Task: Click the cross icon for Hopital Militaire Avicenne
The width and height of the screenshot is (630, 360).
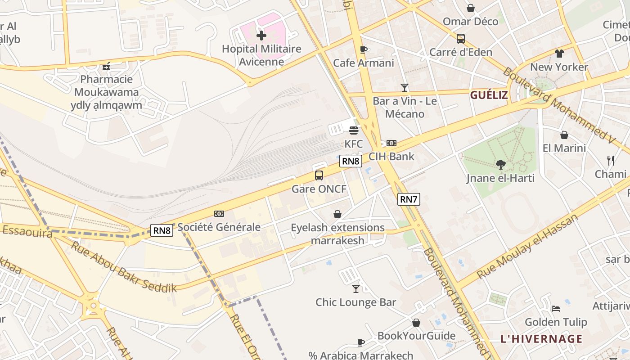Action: [x=261, y=35]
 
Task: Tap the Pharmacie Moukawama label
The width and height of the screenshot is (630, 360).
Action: [x=107, y=85]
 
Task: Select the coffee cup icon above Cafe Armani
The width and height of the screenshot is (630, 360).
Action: [x=364, y=49]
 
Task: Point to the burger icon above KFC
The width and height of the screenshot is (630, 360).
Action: [x=354, y=130]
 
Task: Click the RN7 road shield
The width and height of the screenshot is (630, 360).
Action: [x=409, y=199]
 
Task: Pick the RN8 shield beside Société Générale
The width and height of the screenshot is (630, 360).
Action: [x=162, y=230]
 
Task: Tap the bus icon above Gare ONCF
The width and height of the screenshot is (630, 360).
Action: [x=319, y=175]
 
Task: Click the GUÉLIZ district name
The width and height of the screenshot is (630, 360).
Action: [x=489, y=95]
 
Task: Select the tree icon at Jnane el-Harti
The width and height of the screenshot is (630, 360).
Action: [x=500, y=165]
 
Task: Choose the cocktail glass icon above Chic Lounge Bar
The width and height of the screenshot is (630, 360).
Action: [x=356, y=288]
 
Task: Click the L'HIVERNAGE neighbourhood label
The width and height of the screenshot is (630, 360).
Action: [x=541, y=339]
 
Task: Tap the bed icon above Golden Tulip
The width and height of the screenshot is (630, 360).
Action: [x=556, y=309]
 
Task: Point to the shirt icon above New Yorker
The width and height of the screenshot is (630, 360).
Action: [x=559, y=54]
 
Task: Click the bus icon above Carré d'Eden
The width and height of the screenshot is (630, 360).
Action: [x=461, y=39]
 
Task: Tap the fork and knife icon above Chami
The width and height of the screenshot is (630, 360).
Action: [x=611, y=160]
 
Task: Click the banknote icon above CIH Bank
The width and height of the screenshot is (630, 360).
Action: [x=391, y=143]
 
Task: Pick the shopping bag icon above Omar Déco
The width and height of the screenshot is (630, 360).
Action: [x=471, y=8]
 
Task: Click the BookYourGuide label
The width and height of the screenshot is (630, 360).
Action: [x=416, y=336]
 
